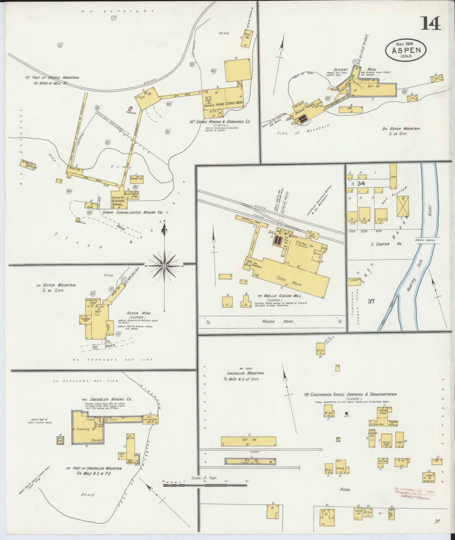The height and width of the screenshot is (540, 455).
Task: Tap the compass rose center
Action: [x=164, y=266]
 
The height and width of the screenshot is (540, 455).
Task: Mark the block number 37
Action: [x=371, y=301]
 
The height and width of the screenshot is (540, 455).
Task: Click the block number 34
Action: [x=361, y=184]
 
